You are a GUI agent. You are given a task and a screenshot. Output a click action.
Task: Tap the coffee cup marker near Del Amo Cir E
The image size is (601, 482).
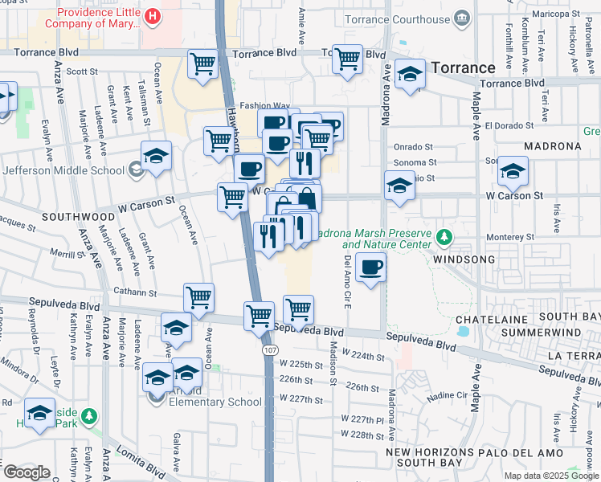pos(370,268)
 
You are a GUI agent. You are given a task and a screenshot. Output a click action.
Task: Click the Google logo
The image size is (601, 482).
pos(27,472)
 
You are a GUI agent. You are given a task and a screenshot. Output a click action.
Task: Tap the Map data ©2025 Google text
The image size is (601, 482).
pos(551,476)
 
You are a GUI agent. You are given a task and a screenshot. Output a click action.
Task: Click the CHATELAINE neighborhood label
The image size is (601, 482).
pos(490,318)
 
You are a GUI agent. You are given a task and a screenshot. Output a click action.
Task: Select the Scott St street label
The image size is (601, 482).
pos(81,71)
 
